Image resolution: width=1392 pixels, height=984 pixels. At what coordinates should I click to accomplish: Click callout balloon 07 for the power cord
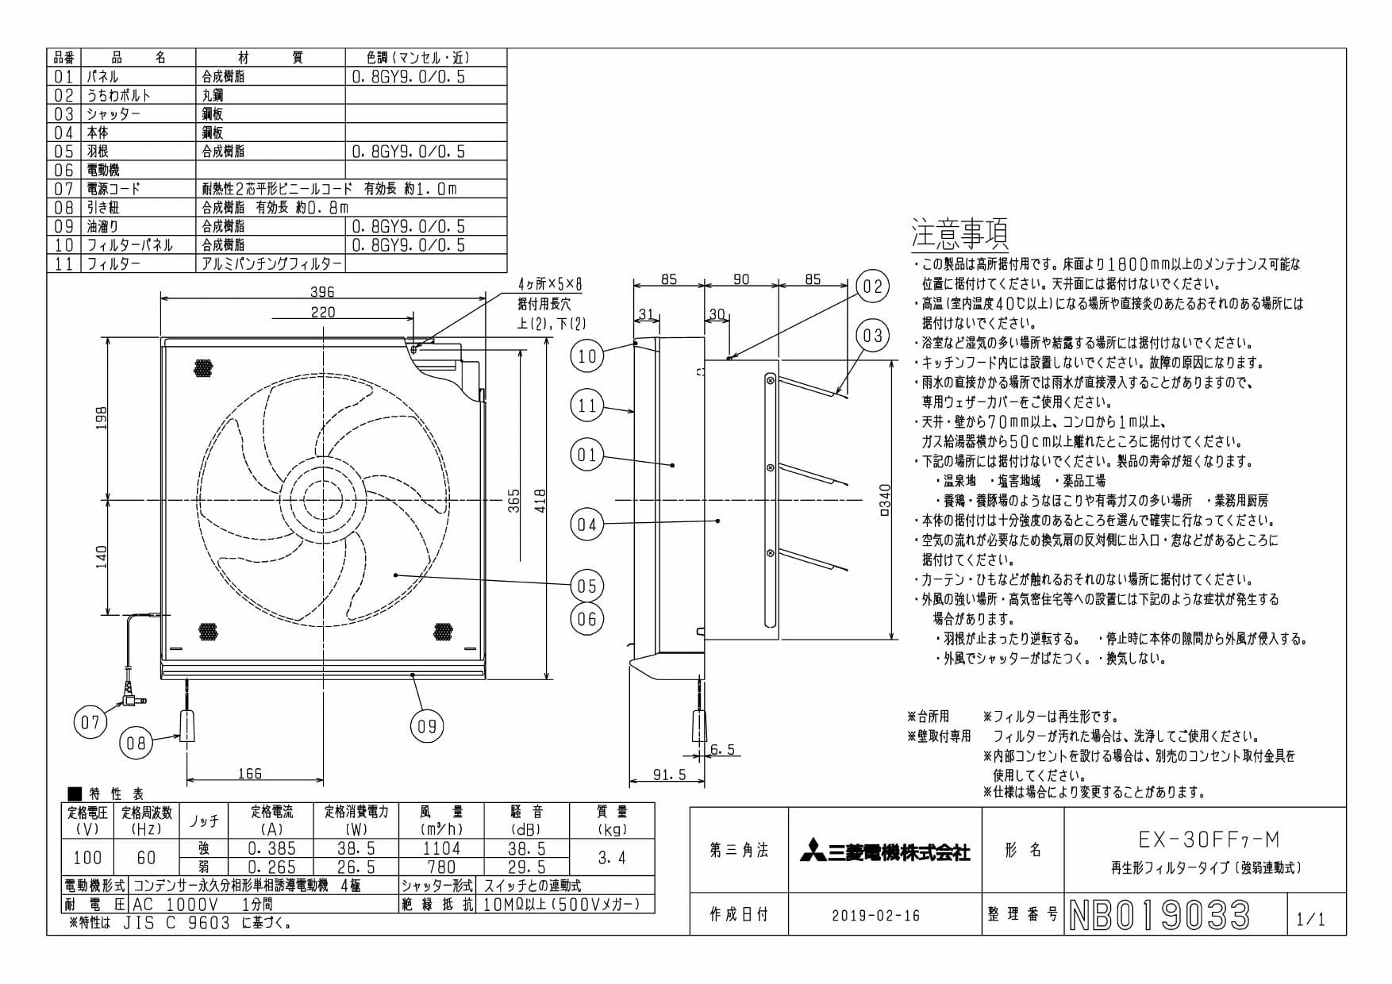(x=90, y=722)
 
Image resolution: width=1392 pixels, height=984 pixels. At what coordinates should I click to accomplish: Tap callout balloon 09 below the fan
(x=427, y=725)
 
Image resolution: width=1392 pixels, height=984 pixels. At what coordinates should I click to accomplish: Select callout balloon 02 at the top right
(x=872, y=286)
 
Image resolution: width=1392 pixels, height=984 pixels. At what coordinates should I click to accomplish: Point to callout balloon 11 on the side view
(x=586, y=406)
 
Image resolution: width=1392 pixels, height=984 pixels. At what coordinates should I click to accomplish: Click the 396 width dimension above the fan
(x=322, y=291)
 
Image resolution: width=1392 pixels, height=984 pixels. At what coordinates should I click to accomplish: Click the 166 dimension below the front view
(x=249, y=773)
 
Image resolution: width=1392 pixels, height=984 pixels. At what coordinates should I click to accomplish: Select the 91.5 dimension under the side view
(x=670, y=775)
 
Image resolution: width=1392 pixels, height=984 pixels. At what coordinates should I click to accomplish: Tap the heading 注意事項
(x=959, y=233)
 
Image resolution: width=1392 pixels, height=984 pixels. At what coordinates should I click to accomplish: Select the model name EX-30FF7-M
(x=1209, y=839)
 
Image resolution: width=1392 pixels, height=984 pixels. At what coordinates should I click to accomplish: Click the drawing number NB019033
(x=1159, y=915)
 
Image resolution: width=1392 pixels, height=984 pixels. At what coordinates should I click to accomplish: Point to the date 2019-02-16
(x=876, y=916)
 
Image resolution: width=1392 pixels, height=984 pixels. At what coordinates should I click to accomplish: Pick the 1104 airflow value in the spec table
(x=441, y=848)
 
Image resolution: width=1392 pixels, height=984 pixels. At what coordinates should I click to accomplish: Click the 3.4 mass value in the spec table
(x=611, y=858)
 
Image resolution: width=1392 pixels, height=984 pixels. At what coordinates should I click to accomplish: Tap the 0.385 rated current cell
(x=271, y=848)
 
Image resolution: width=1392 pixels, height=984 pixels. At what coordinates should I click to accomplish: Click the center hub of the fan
(x=324, y=500)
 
